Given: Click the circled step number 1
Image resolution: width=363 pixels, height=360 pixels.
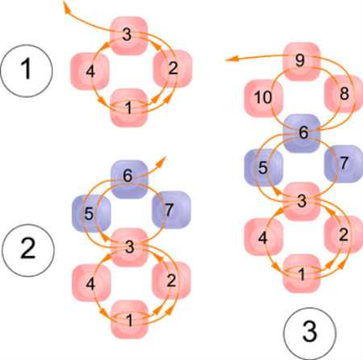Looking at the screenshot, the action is (27, 70).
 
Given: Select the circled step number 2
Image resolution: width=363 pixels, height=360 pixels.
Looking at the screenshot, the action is (28, 250).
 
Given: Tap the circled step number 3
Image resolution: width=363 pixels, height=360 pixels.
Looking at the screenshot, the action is (310, 333).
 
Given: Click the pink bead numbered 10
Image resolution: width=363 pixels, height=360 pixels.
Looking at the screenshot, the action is (264, 98).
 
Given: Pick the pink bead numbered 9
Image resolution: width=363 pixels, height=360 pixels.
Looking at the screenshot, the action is (302, 61).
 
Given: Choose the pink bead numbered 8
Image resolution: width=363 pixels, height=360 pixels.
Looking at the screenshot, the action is (344, 94).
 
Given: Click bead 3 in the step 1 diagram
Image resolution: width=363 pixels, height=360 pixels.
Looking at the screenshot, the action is (129, 36).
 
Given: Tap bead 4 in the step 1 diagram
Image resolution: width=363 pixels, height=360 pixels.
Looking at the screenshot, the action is (90, 71).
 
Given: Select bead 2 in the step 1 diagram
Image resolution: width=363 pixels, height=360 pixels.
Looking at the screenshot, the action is (173, 69).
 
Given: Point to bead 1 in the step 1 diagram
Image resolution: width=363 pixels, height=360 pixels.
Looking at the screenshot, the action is (129, 107).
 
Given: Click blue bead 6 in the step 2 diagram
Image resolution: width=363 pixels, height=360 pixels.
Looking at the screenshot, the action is (129, 179).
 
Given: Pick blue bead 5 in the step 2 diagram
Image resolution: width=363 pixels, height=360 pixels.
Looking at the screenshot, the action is (91, 214).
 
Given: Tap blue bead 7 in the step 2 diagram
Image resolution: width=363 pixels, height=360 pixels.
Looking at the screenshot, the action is (171, 210).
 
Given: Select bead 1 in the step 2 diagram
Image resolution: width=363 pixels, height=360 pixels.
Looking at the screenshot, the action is (130, 320).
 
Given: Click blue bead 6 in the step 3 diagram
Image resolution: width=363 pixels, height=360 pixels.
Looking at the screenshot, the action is (302, 133).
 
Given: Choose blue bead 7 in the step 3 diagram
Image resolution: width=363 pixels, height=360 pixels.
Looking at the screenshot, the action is (344, 164).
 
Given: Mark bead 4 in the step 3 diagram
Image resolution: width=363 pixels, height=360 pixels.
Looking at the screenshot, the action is (264, 237).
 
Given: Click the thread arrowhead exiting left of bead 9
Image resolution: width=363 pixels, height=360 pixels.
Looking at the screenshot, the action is (230, 59).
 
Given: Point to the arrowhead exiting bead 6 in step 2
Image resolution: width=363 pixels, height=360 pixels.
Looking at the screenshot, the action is (162, 160).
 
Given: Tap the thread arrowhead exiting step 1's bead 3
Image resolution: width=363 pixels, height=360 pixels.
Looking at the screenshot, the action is (66, 6).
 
